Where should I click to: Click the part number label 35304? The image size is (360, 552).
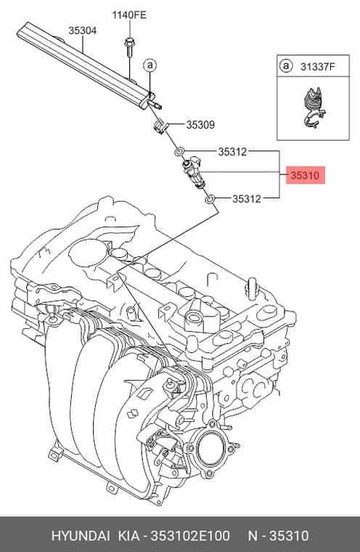pyautogui.click(x=82, y=31)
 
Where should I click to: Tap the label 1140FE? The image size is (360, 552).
pyautogui.click(x=129, y=15)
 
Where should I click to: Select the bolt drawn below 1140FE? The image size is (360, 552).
pyautogui.click(x=128, y=46)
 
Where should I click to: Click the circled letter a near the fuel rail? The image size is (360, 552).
pyautogui.click(x=150, y=65)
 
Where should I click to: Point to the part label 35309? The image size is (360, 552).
pyautogui.click(x=200, y=125)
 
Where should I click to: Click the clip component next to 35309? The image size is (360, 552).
pyautogui.click(x=160, y=126)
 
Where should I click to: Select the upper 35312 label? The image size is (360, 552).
pyautogui.click(x=232, y=152)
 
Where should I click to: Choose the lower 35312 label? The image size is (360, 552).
pyautogui.click(x=246, y=199)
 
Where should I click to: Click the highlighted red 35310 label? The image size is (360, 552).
pyautogui.click(x=305, y=175)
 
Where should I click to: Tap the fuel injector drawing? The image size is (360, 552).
pyautogui.click(x=193, y=173)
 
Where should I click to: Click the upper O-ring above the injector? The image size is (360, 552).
pyautogui.click(x=179, y=152)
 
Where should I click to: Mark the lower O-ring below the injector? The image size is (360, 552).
pyautogui.click(x=210, y=200)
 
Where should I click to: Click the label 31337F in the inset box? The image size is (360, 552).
pyautogui.click(x=318, y=66)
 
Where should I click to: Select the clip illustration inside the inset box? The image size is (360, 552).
pyautogui.click(x=314, y=107)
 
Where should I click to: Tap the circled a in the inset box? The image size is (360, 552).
pyautogui.click(x=286, y=66)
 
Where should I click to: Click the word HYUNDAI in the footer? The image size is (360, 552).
pyautogui.click(x=81, y=536)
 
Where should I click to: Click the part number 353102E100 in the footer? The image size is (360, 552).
pyautogui.click(x=190, y=536)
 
